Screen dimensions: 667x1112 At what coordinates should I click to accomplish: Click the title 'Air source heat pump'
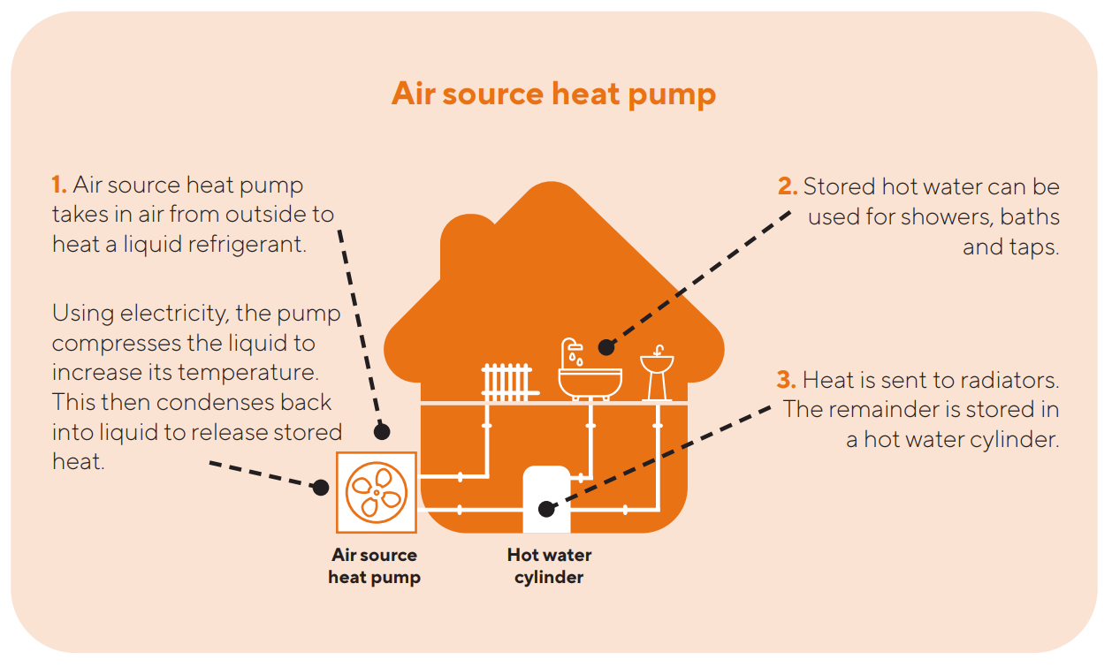pyautogui.click(x=553, y=94)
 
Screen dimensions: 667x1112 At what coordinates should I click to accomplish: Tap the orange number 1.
pyautogui.click(x=59, y=186)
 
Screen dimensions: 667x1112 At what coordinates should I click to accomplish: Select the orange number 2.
pyautogui.click(x=788, y=186)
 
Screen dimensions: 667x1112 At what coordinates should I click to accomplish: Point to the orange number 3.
pyautogui.click(x=786, y=381)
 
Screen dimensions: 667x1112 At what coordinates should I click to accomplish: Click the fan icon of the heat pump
pyautogui.click(x=376, y=492)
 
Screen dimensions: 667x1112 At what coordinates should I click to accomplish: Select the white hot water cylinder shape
pyautogui.click(x=546, y=499)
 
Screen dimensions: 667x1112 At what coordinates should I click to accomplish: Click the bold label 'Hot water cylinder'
pyautogui.click(x=549, y=566)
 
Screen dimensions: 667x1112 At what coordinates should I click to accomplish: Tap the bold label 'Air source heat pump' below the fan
pyautogui.click(x=374, y=566)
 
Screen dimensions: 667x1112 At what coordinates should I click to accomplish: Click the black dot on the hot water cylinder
pyautogui.click(x=546, y=509)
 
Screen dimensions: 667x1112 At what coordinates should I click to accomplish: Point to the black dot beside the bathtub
pyautogui.click(x=605, y=347)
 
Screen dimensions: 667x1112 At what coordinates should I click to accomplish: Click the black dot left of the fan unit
pyautogui.click(x=321, y=487)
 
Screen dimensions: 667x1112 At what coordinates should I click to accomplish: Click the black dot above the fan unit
pyautogui.click(x=382, y=432)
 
